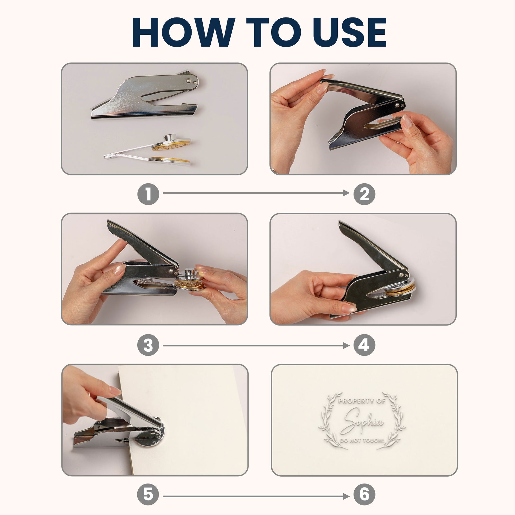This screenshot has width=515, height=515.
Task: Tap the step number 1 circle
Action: point(148,194)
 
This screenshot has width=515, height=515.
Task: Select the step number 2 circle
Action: point(364,194)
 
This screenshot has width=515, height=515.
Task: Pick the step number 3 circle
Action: point(148,345)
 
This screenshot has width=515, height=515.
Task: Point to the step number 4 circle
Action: point(364,345)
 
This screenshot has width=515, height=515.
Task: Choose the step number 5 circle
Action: point(148,494)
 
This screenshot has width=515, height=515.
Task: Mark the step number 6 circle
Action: point(364,494)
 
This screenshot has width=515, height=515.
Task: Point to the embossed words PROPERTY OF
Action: point(362,401)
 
